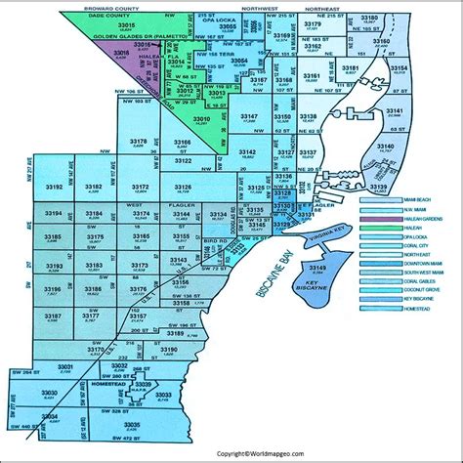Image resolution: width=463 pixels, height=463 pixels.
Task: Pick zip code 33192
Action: [x=53, y=187]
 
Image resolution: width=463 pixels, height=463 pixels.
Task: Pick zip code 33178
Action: [x=139, y=143]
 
